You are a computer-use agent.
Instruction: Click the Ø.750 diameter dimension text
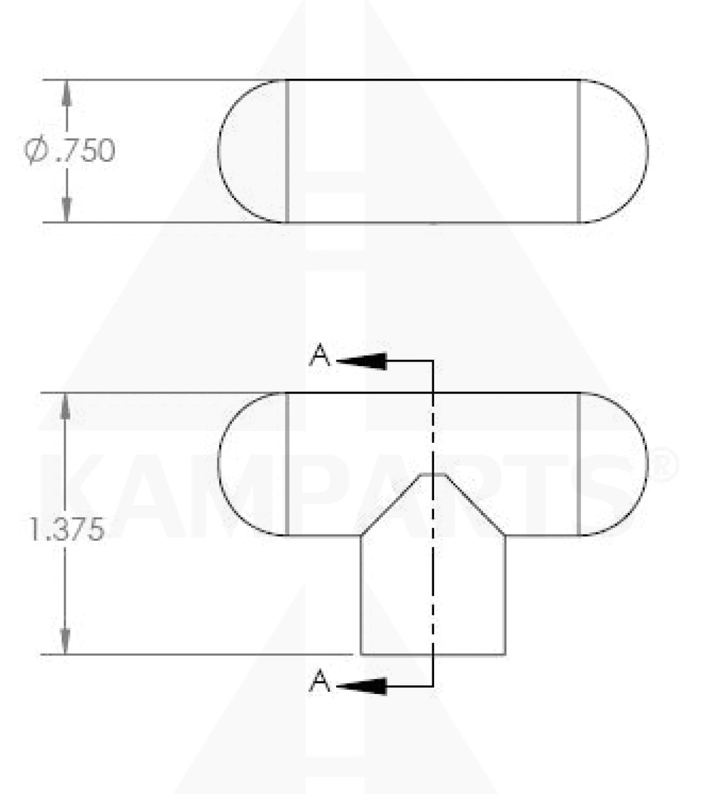pos(70,151)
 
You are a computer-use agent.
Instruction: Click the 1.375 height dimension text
pos(67,529)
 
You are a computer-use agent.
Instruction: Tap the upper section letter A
pos(320,356)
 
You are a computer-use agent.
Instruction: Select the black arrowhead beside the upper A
pos(361,361)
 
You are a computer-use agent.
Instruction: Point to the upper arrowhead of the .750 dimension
pos(66,94)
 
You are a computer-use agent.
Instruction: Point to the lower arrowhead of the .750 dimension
pos(66,209)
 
